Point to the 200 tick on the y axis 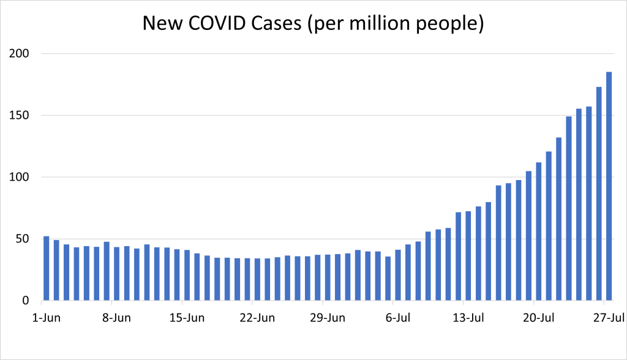20,54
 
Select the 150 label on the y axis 20,116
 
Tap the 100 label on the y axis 20,178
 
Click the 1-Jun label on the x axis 47,318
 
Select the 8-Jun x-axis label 117,318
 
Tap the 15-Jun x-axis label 187,318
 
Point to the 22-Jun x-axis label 258,318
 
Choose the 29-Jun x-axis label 328,318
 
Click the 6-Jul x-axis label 399,318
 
